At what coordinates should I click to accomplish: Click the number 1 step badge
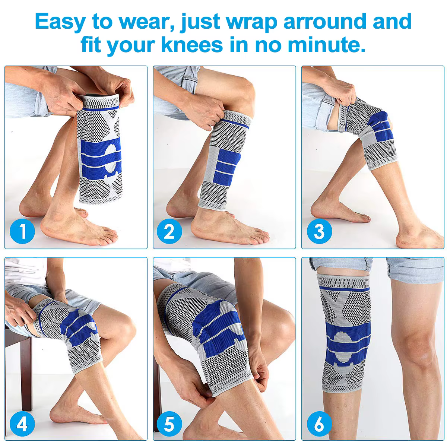22,231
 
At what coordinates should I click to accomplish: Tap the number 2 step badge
169,231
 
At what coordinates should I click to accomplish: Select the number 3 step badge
319,231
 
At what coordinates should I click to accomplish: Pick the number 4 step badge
22,424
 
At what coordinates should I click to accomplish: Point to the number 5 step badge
169,424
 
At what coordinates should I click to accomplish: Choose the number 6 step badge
319,424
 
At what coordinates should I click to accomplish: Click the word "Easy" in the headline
60,22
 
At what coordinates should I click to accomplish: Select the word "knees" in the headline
192,45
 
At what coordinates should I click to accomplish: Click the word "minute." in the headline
327,45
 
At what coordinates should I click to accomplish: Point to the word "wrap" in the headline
252,22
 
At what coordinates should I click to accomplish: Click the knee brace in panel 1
100,149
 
